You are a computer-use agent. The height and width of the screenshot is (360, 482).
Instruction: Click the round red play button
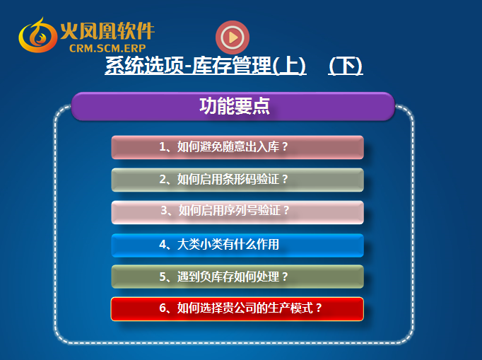233,37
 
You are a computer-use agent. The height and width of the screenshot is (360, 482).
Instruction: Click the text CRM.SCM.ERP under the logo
107,48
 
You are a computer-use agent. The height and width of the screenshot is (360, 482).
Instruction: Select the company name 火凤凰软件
107,31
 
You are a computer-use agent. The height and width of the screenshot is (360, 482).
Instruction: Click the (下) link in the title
346,66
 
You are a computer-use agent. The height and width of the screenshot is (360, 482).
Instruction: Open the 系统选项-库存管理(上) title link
206,66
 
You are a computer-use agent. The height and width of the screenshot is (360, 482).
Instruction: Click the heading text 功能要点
235,106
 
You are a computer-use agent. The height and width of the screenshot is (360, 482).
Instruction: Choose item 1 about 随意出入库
237,147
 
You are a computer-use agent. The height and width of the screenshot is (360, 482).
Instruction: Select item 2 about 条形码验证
237,180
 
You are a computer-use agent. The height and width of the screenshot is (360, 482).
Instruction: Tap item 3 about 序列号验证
237,212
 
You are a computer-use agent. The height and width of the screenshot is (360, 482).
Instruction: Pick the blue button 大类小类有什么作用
237,245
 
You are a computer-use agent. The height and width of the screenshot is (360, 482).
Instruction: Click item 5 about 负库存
237,277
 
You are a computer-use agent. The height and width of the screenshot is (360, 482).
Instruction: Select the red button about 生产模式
237,309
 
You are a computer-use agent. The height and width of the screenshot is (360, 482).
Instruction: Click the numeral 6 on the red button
163,308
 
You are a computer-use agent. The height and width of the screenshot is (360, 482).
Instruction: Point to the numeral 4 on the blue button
163,245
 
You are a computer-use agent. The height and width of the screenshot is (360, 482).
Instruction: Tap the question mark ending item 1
285,147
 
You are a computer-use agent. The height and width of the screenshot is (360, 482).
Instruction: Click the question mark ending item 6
319,308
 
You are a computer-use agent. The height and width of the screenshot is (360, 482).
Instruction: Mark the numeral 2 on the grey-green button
163,179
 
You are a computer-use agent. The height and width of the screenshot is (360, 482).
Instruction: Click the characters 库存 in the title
211,66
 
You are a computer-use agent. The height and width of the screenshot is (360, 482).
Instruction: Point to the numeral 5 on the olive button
163,277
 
